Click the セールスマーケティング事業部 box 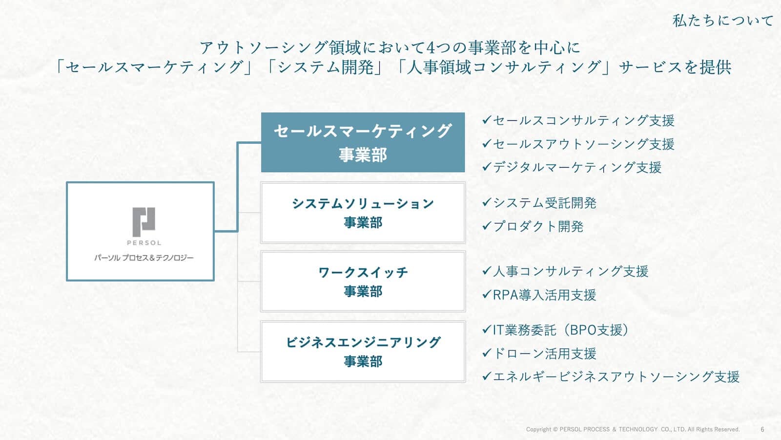click(x=363, y=142)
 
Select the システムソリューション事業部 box click(x=363, y=213)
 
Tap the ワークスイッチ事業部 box click(x=363, y=282)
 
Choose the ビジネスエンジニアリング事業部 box click(x=363, y=352)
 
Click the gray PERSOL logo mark click(x=144, y=221)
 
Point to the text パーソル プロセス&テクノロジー click(x=144, y=258)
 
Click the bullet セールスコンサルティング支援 click(x=578, y=120)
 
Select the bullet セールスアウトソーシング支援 click(x=578, y=144)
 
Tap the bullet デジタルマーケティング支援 click(x=572, y=167)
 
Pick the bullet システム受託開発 click(x=539, y=202)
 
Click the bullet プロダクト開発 click(x=533, y=226)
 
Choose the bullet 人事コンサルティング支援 click(x=565, y=271)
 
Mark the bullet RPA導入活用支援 click(x=539, y=295)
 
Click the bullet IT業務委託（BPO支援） click(x=555, y=330)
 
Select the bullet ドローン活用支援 click(x=539, y=353)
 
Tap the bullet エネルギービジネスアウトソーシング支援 click(x=611, y=376)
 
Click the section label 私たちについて click(x=723, y=21)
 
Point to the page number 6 click(x=762, y=429)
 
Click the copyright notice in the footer click(x=633, y=429)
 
